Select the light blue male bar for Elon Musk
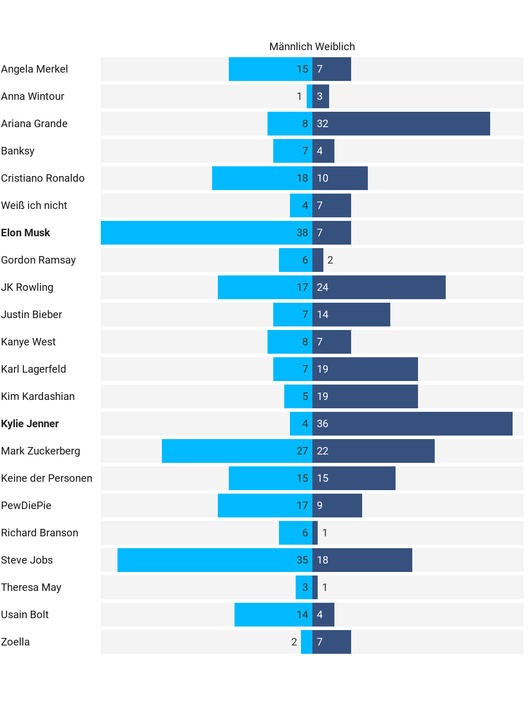pos(198,233)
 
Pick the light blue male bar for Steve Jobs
pos(207,560)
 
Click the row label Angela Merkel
pos(35,69)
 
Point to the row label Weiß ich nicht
pos(34,205)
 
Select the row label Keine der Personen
pos(47,478)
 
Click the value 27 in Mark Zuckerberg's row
pos(302,451)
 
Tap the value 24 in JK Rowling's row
pos(323,287)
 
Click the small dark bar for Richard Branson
pos(315,533)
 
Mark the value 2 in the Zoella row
pos(294,642)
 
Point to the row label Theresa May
pos(31,587)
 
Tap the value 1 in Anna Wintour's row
pos(300,96)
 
